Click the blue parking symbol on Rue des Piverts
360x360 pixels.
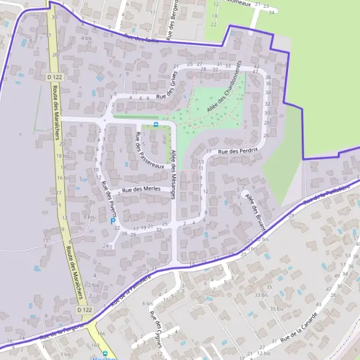(x=112, y=221)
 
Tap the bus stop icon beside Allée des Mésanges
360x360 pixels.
(x=156, y=124)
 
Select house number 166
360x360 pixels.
(x=100, y=334)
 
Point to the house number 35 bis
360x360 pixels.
(x=277, y=308)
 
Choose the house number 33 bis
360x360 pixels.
(x=261, y=295)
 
